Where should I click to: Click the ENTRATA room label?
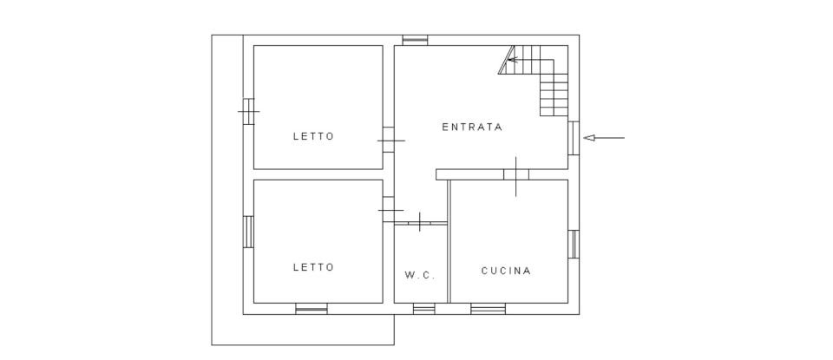[x=472, y=127]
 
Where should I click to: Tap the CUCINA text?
[x=506, y=271]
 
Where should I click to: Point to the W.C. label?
[x=420, y=275]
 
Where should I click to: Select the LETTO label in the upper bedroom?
[x=313, y=136]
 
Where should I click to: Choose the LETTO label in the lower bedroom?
[x=313, y=267]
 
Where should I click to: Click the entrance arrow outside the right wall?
[x=604, y=137]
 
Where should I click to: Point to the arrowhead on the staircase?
[x=511, y=60]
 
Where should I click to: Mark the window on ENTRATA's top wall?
[x=416, y=40]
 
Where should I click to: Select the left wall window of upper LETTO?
[x=248, y=112]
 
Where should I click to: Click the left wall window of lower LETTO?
[x=248, y=231]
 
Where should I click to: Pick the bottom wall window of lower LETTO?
[x=312, y=308]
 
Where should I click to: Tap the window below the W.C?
[x=423, y=308]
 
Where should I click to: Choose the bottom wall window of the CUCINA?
[x=488, y=308]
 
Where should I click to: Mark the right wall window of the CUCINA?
[x=574, y=244]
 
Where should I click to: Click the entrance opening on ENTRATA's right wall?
[x=574, y=137]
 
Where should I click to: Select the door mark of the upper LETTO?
[x=390, y=141]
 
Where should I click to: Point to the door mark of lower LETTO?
[x=390, y=210]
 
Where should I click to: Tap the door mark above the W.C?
[x=420, y=222]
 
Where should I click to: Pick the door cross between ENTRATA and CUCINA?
[x=516, y=175]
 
